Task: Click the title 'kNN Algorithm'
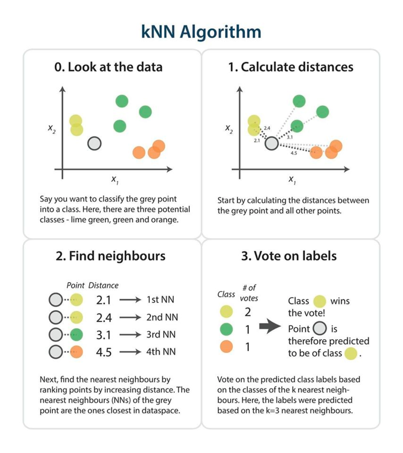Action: pyautogui.click(x=201, y=32)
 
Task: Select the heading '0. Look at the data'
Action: pyautogui.click(x=108, y=67)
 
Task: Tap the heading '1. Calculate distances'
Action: pyautogui.click(x=291, y=67)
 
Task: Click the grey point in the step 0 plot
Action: pyautogui.click(x=95, y=143)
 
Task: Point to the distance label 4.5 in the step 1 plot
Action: pyautogui.click(x=294, y=153)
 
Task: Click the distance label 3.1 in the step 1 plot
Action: pyautogui.click(x=290, y=137)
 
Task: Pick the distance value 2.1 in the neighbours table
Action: pyautogui.click(x=103, y=300)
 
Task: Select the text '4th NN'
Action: pyautogui.click(x=161, y=352)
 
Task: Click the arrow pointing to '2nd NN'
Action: pyautogui.click(x=130, y=317)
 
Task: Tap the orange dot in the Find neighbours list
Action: pyautogui.click(x=76, y=352)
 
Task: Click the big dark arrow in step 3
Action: pyautogui.click(x=270, y=326)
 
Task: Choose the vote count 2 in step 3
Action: pyautogui.click(x=247, y=312)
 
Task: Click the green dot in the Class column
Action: pyautogui.click(x=226, y=329)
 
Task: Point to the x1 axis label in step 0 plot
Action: pyautogui.click(x=115, y=180)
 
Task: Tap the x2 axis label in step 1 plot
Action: pyautogui.click(x=229, y=129)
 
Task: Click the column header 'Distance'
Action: pyautogui.click(x=103, y=285)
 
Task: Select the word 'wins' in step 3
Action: pyautogui.click(x=340, y=301)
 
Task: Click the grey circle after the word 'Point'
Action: pyautogui.click(x=320, y=329)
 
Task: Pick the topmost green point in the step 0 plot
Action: pyautogui.click(x=122, y=101)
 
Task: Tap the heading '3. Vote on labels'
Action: pyautogui.click(x=289, y=256)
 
